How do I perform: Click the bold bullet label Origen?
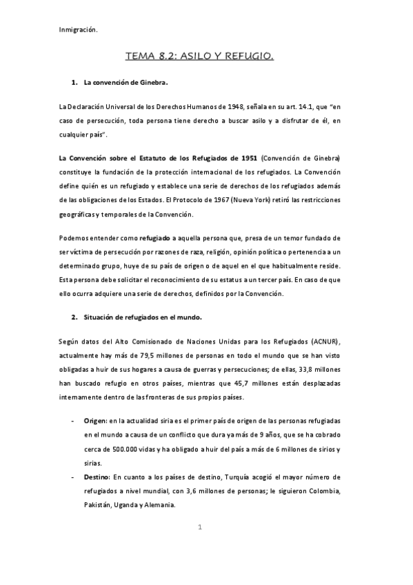tap(94, 420)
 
